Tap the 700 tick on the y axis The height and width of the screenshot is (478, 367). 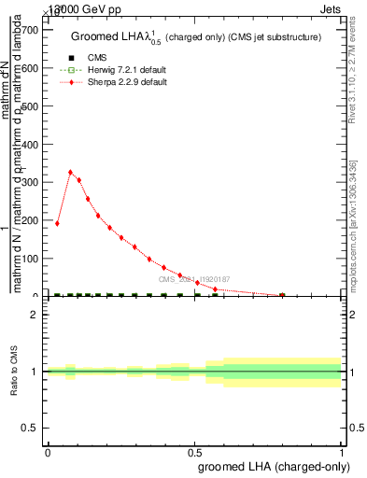28,30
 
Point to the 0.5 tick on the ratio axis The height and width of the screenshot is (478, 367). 31,428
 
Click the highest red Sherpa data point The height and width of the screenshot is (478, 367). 71,172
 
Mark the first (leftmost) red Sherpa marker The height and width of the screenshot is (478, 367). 57,223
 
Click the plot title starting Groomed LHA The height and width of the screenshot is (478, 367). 196,37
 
